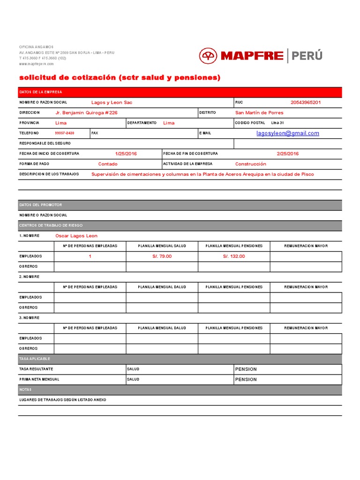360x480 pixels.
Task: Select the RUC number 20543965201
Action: tap(306, 102)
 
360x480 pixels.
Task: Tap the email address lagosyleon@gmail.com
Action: tap(287, 133)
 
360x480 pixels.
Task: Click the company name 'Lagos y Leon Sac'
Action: tap(112, 102)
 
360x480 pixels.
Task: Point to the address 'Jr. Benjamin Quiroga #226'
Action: tap(86, 112)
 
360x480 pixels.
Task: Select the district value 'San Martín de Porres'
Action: tap(259, 112)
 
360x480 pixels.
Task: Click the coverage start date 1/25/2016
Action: tap(126, 154)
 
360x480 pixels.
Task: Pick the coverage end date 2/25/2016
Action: tap(287, 154)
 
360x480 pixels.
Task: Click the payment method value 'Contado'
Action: tap(108, 164)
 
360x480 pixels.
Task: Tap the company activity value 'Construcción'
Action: tap(250, 164)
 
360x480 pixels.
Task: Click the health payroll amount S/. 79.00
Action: tap(162, 256)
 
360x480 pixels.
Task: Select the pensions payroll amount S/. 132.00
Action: tap(234, 256)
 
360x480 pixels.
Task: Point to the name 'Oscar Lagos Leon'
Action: tap(76, 236)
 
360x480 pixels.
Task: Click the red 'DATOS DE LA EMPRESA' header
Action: tap(40, 92)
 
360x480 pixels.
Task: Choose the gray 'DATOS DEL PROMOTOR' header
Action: tap(40, 205)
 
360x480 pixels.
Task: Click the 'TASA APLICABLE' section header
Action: tap(35, 359)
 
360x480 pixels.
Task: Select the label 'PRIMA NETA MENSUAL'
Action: tap(39, 379)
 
